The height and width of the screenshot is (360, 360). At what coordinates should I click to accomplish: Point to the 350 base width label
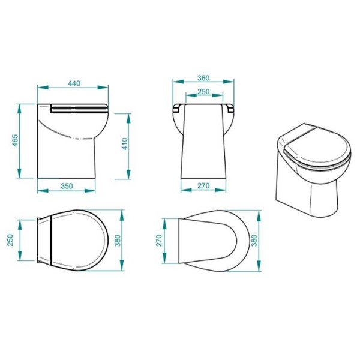[67, 186]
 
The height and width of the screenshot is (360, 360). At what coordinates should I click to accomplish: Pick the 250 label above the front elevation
[203, 91]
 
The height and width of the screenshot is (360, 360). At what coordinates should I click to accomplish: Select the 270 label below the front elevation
[203, 186]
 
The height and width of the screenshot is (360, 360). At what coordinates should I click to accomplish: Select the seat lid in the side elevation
[79, 108]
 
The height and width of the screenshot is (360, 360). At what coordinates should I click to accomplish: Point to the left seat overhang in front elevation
[177, 109]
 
